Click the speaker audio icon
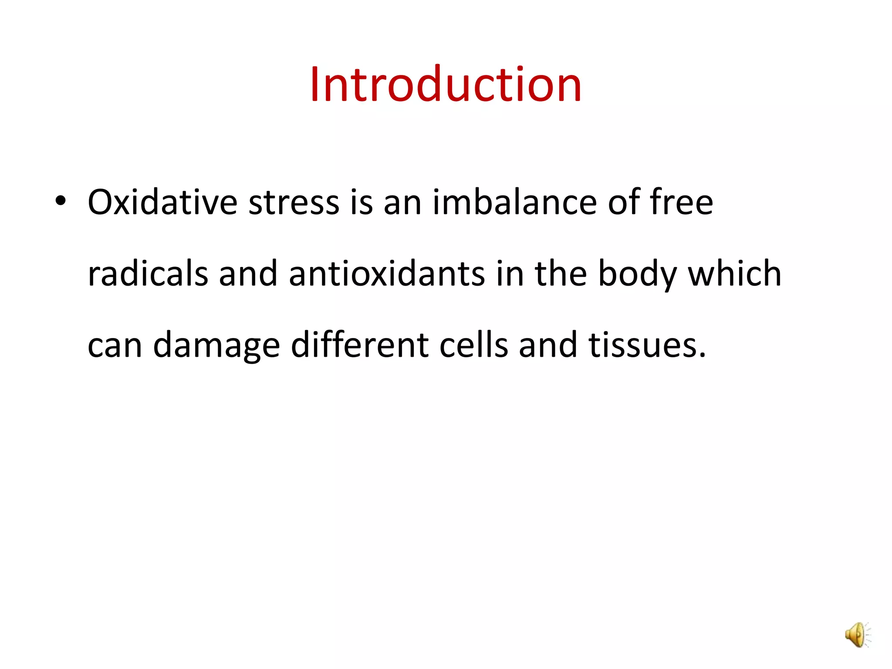pyautogui.click(x=857, y=635)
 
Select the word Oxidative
pyautogui.click(x=162, y=202)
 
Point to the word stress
pyautogui.click(x=294, y=203)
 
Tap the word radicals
pyautogui.click(x=148, y=274)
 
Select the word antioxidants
pyautogui.click(x=387, y=274)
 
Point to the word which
pyautogui.click(x=734, y=274)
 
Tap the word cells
pyautogui.click(x=473, y=345)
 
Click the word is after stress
pyautogui.click(x=362, y=202)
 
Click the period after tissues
pyautogui.click(x=701, y=355)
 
